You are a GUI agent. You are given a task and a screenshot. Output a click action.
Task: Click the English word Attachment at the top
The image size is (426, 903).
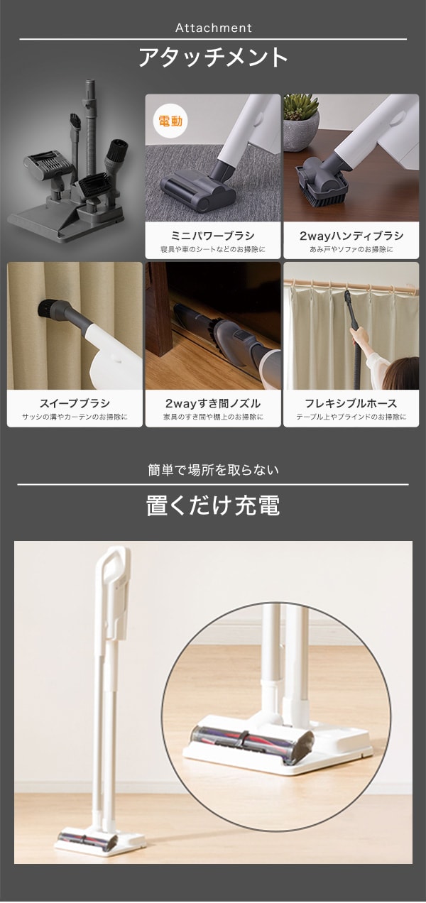(x=214, y=28)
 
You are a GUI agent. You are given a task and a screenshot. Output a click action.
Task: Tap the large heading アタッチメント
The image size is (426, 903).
(x=213, y=58)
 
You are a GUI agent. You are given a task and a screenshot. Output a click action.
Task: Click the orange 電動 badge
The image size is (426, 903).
(x=170, y=121)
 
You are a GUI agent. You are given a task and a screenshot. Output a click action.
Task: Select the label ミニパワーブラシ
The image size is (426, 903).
(x=213, y=236)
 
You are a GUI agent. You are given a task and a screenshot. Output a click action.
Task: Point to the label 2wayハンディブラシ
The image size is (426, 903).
(x=351, y=236)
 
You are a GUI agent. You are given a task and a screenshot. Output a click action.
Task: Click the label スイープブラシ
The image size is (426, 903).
(x=75, y=403)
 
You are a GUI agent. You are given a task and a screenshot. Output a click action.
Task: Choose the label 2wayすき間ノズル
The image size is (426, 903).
(x=213, y=403)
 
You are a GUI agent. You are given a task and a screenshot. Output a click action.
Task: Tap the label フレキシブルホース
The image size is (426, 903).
(x=351, y=403)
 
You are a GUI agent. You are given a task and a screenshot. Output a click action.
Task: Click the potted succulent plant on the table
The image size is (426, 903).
(x=301, y=121)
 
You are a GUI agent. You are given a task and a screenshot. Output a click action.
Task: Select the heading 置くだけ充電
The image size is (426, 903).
(x=213, y=505)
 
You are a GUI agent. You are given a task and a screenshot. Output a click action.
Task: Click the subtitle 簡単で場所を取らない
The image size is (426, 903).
(x=213, y=470)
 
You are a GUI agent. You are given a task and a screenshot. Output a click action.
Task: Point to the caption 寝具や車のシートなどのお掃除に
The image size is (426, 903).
(x=213, y=250)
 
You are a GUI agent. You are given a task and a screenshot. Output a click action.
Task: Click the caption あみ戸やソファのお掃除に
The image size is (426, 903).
(x=351, y=250)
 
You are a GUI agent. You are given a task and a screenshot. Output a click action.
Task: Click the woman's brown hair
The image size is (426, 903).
(x=401, y=373)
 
